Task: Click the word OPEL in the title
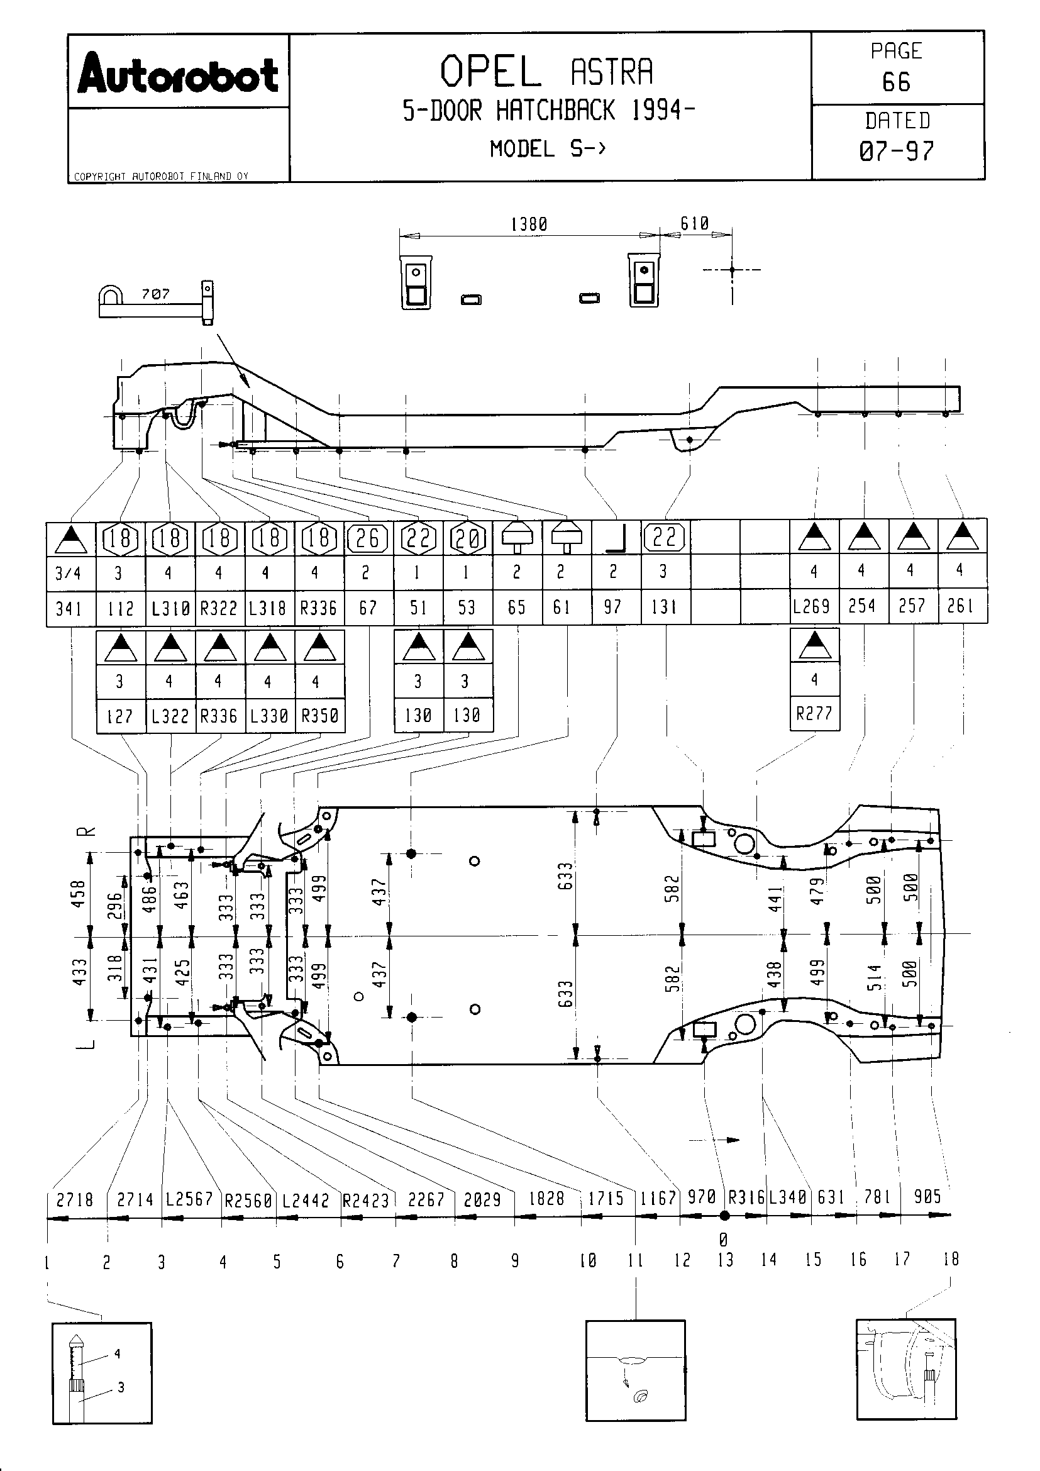click(490, 72)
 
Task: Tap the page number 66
click(896, 82)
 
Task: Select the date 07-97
click(897, 151)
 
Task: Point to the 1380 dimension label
click(529, 225)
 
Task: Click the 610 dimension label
click(694, 223)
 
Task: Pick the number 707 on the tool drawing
click(155, 294)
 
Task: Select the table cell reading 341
click(69, 608)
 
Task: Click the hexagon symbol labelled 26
click(368, 538)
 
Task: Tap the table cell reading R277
click(814, 713)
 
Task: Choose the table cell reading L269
click(812, 606)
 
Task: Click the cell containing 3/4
click(69, 573)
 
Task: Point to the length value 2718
click(75, 1199)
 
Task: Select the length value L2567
click(189, 1199)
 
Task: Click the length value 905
click(927, 1196)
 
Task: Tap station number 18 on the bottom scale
click(951, 1259)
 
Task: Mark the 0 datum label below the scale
click(724, 1239)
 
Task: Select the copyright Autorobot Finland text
click(161, 176)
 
